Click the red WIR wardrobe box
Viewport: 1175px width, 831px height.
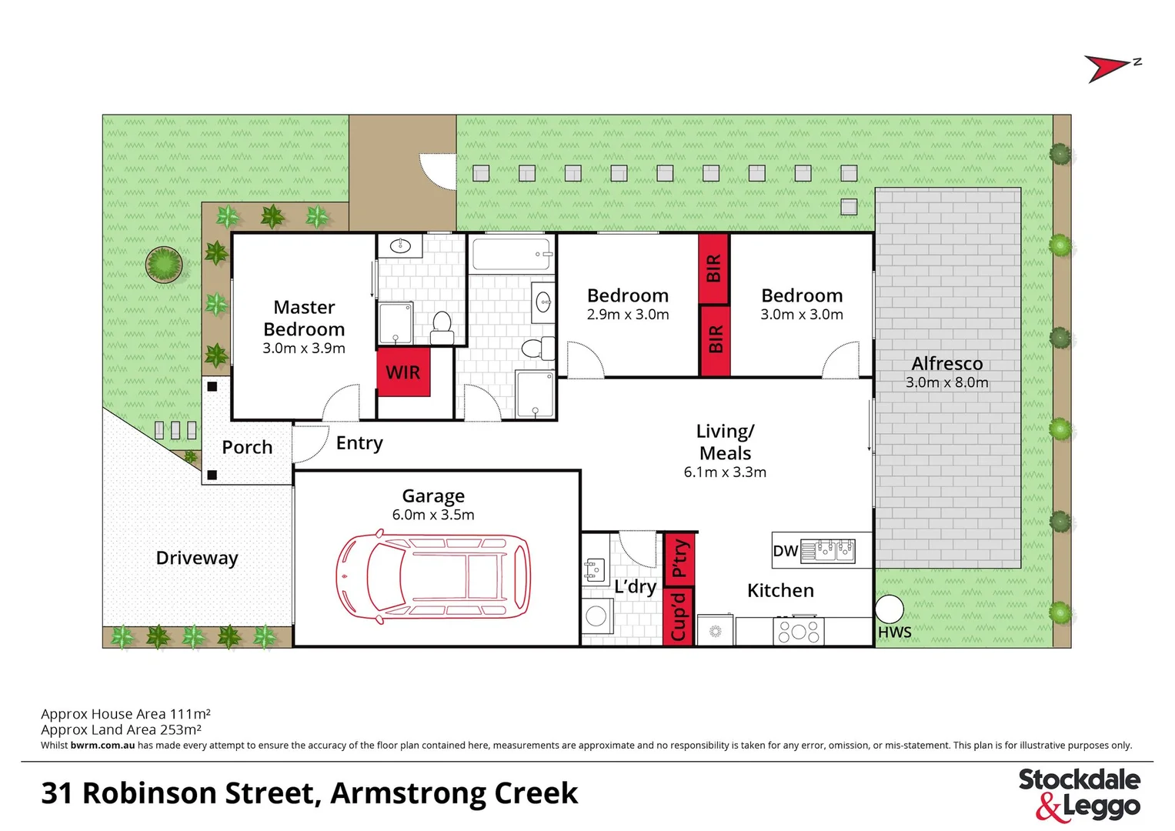tap(403, 373)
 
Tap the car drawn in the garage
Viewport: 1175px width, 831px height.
tap(433, 576)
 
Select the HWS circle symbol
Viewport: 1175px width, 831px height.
tap(889, 609)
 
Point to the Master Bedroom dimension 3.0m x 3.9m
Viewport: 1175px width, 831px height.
tap(304, 349)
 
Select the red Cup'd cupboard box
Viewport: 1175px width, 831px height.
tap(679, 616)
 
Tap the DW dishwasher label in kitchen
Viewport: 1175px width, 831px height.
tap(785, 551)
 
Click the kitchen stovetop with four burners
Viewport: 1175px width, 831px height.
tap(798, 632)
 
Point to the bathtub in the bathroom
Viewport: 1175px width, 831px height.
tap(512, 254)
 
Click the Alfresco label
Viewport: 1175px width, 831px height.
tap(947, 364)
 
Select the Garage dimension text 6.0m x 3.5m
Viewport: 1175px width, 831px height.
tap(433, 516)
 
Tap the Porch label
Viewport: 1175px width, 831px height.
tap(247, 447)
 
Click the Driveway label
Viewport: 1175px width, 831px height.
tap(197, 558)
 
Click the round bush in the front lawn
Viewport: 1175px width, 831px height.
tap(164, 265)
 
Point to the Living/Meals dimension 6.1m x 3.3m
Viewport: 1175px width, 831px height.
tap(725, 472)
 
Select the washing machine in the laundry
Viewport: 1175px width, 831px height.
tap(596, 616)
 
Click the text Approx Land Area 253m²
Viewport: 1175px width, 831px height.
tap(121, 729)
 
